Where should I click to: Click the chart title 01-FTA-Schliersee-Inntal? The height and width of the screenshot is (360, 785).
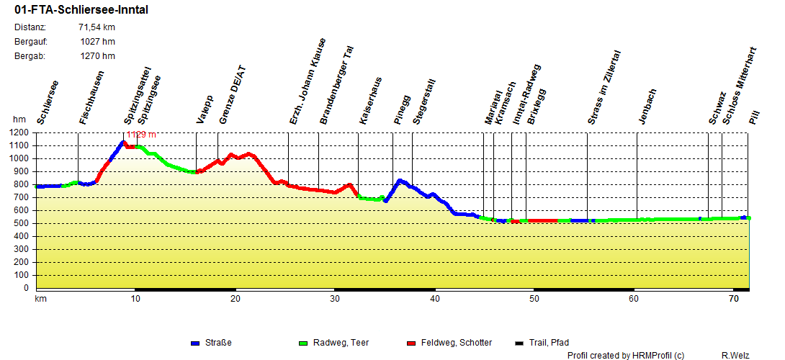point(82,10)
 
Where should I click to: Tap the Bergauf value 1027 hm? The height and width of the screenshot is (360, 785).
point(97,42)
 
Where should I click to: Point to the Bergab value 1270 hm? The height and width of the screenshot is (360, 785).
point(97,55)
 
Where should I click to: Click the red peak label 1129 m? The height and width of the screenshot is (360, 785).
point(141,135)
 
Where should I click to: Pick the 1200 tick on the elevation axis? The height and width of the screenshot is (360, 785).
point(19,133)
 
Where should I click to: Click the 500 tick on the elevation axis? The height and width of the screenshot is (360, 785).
point(22,224)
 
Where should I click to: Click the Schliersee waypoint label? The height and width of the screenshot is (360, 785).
point(48,102)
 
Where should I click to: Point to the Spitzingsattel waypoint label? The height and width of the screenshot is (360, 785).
point(137,96)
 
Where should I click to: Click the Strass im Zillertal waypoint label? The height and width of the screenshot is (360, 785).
point(604,89)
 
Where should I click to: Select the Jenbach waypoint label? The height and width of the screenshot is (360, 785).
point(647,107)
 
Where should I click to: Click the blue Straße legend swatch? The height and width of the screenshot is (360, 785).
point(195,343)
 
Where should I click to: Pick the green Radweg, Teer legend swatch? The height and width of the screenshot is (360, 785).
point(302,343)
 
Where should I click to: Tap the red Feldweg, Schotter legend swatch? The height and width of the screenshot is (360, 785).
point(411,343)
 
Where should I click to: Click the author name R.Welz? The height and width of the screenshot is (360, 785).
point(736,355)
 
